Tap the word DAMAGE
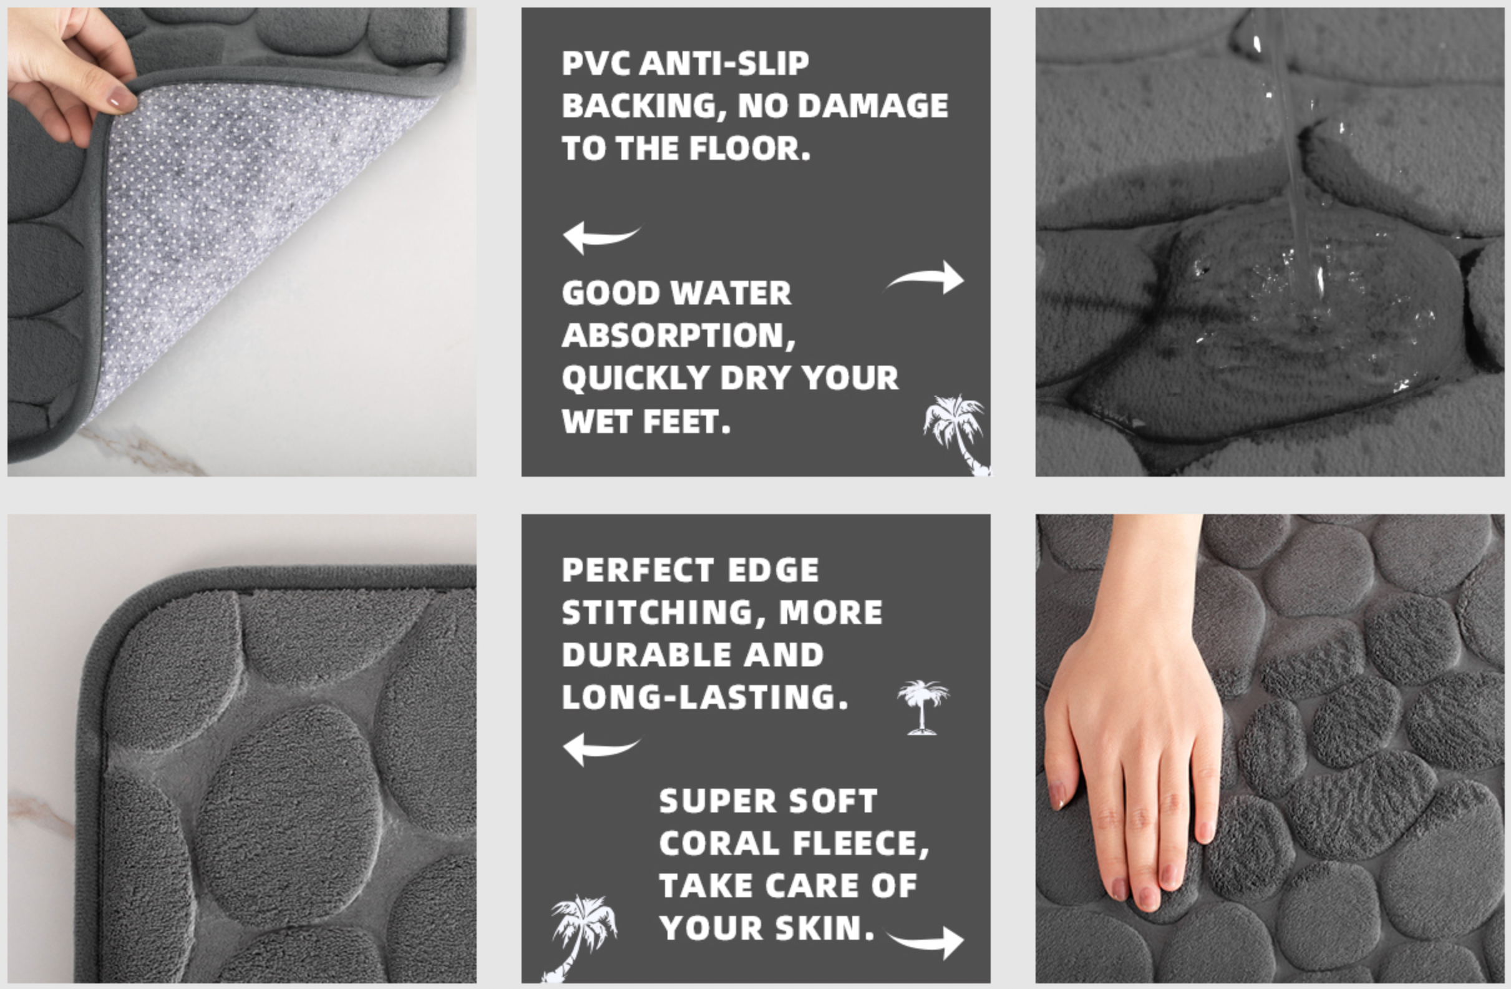pos(873,106)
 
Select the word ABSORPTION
pos(679,336)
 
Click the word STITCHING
pos(664,613)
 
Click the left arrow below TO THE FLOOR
pos(600,238)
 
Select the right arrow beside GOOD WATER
pos(925,278)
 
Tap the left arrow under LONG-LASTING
pos(600,749)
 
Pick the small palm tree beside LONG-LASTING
pos(923,707)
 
